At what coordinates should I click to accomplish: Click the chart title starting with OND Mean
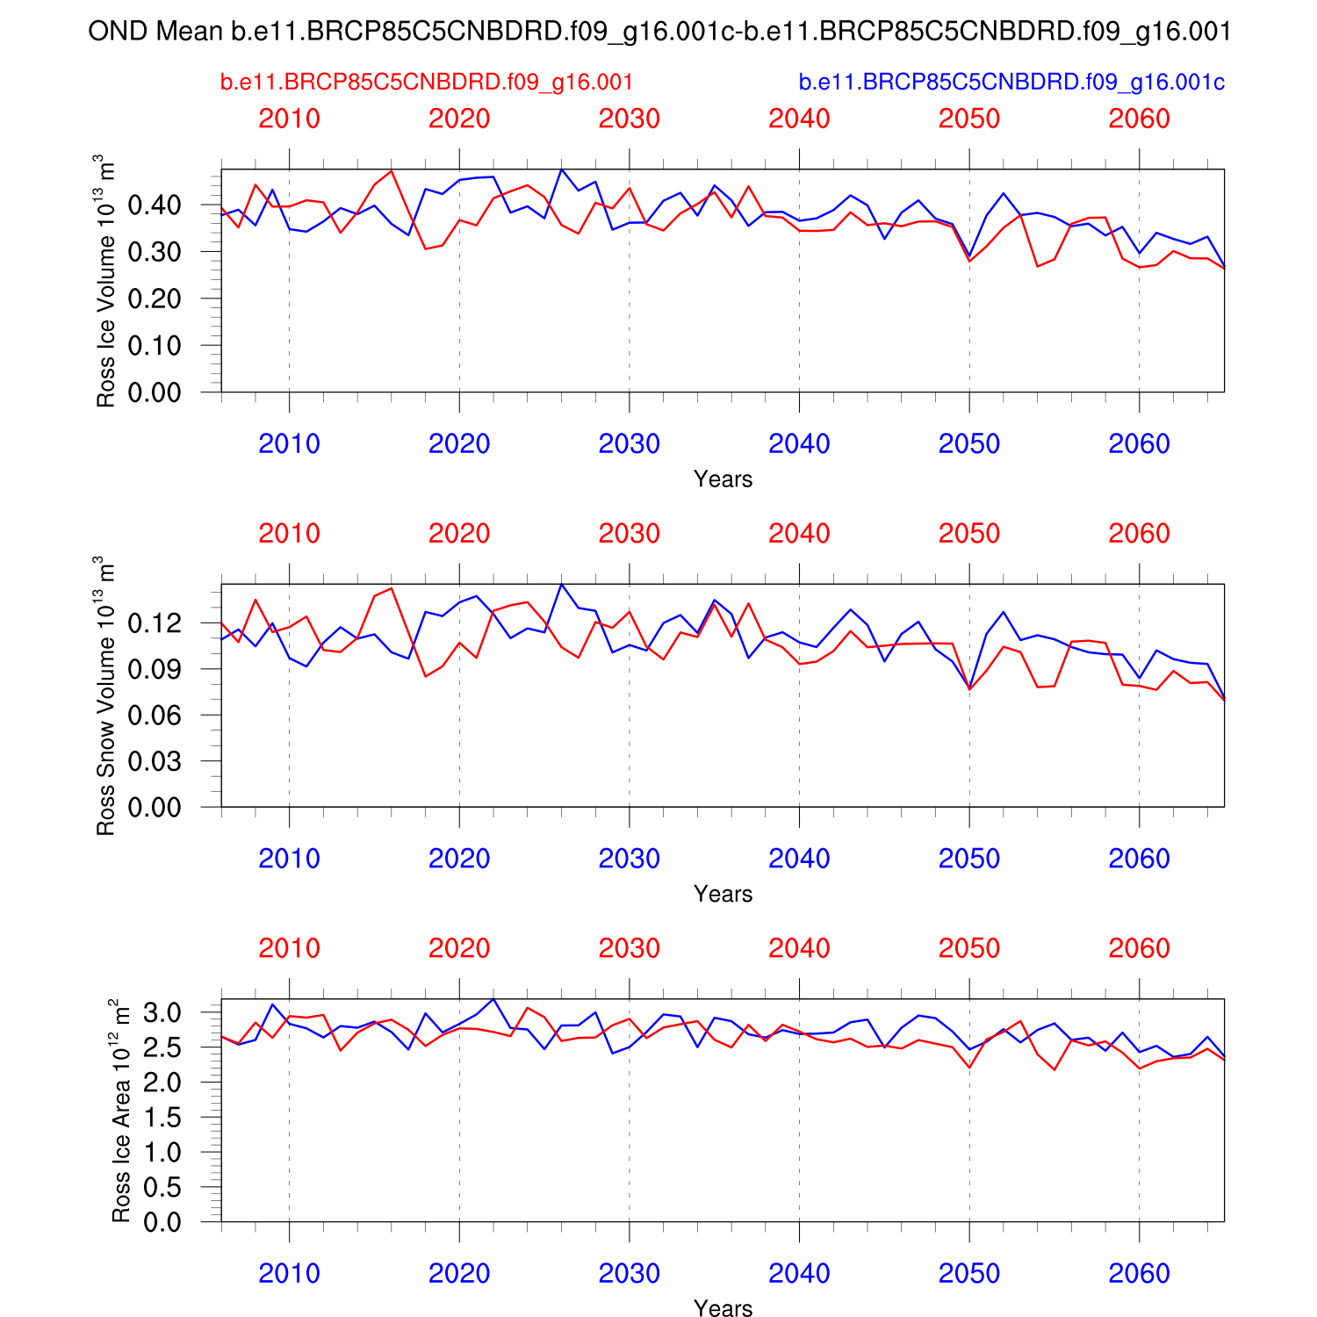pos(659,32)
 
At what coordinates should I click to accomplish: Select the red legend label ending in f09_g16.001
pos(427,83)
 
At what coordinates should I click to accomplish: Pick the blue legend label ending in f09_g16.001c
pos(1011,83)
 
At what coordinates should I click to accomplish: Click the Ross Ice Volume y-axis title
pos(105,281)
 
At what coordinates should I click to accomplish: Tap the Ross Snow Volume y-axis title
pos(105,695)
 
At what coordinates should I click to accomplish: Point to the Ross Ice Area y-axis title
pos(121,1111)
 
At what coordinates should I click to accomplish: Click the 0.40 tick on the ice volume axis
pos(155,205)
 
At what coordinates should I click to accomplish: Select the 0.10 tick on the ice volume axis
pos(155,346)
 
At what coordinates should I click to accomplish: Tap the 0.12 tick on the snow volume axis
pos(155,623)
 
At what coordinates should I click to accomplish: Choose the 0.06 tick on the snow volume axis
pos(155,716)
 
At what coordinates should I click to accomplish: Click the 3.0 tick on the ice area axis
pos(163,1013)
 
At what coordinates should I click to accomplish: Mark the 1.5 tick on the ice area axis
pos(163,1118)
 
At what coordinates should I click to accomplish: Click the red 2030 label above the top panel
pos(629,119)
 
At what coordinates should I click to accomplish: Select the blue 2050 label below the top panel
pos(969,444)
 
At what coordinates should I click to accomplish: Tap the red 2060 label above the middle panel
pos(1139,534)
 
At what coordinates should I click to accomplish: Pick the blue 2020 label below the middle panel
pos(459,859)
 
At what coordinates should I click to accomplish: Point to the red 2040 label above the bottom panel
pos(799,948)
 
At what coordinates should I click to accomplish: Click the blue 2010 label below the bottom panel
pos(289,1274)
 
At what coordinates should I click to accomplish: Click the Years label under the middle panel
pos(723,894)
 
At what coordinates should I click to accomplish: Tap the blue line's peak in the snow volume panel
pos(562,585)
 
